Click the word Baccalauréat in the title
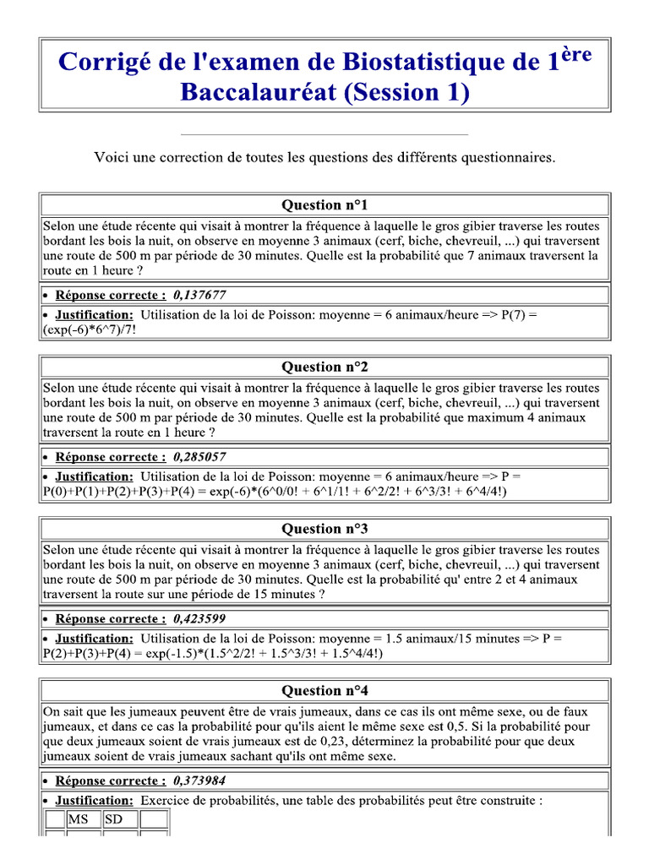(x=259, y=91)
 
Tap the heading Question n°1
(x=324, y=205)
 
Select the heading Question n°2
(x=324, y=367)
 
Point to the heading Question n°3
(x=324, y=529)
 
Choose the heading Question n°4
(x=324, y=691)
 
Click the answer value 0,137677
(x=199, y=295)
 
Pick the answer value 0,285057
(x=199, y=457)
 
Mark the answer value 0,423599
(x=199, y=619)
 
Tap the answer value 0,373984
(x=199, y=781)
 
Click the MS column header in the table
(x=84, y=819)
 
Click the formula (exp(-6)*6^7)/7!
(x=89, y=329)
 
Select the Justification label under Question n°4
(x=94, y=801)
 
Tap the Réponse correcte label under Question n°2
(x=110, y=457)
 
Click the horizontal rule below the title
(x=324, y=134)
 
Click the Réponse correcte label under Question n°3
(x=110, y=619)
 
